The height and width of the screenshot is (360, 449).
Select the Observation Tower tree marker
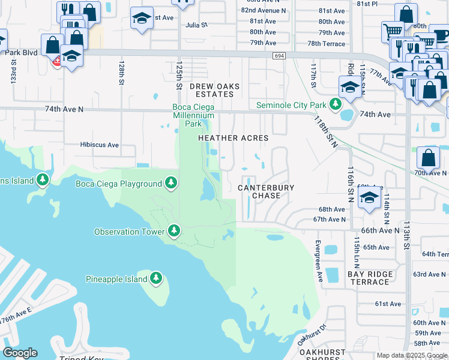tap(174, 230)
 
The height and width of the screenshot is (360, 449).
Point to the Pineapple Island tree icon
tap(155, 278)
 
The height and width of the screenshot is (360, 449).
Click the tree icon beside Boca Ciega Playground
tap(171, 182)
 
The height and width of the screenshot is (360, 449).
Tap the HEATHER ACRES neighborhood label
tap(234, 138)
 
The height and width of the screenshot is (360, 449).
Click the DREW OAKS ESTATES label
tap(214, 91)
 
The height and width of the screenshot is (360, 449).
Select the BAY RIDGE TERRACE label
tap(370, 278)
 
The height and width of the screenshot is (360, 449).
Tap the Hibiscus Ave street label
tap(100, 145)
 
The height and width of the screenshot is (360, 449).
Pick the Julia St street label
tap(196, 25)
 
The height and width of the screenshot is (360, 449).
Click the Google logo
tap(20, 353)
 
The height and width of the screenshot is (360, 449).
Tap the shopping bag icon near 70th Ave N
tap(428, 158)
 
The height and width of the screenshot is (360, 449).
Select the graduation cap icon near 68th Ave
tap(370, 197)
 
